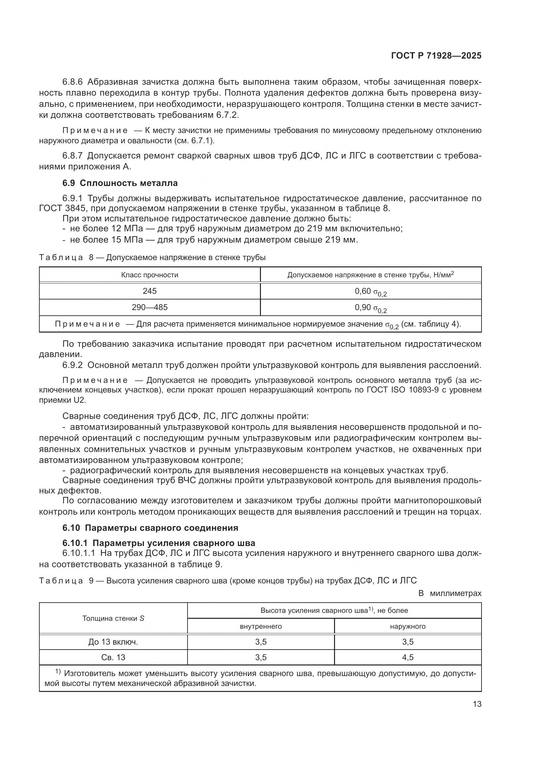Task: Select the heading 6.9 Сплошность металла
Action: click(120, 183)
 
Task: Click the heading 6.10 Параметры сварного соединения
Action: click(150, 527)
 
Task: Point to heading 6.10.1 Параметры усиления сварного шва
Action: click(159, 543)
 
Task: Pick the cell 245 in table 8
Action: click(149, 291)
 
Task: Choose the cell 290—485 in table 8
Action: click(149, 307)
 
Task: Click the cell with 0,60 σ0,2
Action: click(370, 292)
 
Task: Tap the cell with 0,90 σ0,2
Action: click(370, 308)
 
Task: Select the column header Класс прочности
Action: click(149, 275)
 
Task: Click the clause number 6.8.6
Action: click(72, 82)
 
